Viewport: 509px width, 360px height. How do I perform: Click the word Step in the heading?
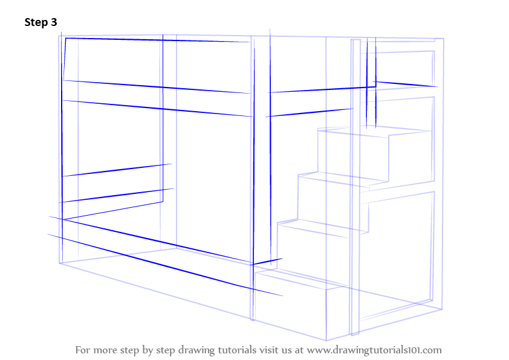click(x=36, y=23)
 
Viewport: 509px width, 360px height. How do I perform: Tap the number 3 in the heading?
click(x=54, y=23)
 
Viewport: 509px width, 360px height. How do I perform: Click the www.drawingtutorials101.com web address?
click(x=374, y=350)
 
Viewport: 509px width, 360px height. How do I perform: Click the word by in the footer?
click(x=152, y=350)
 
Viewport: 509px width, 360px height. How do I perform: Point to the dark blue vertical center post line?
click(x=254, y=151)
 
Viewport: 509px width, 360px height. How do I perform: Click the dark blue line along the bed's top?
click(x=157, y=40)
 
